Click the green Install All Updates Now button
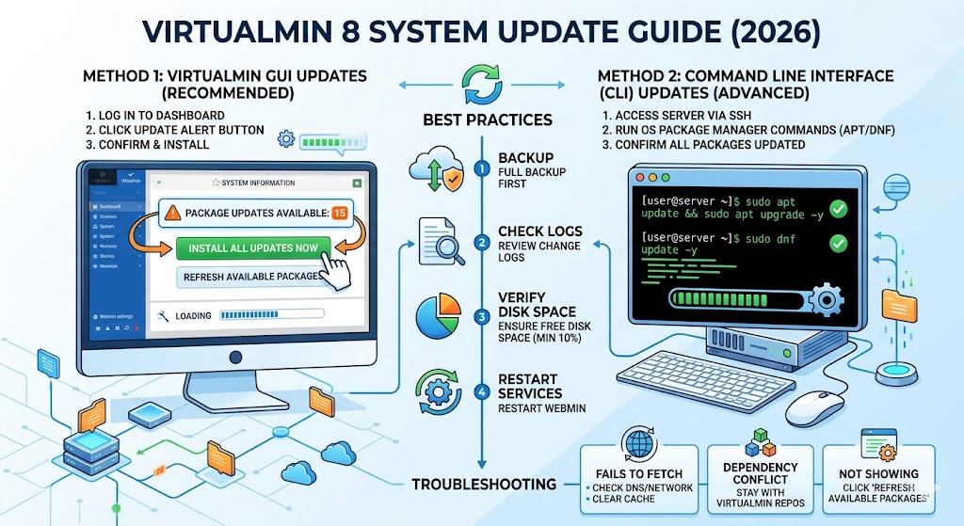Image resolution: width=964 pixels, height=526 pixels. point(252,248)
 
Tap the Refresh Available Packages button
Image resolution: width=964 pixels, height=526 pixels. point(252,278)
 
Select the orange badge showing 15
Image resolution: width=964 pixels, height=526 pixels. point(340,213)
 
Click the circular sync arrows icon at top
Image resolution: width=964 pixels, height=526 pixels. point(482,81)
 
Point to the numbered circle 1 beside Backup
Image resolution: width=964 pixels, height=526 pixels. point(482,169)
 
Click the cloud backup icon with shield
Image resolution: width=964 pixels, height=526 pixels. point(435,172)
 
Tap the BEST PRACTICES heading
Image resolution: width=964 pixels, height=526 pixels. point(481,120)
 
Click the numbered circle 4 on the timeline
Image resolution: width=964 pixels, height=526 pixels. point(482,392)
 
